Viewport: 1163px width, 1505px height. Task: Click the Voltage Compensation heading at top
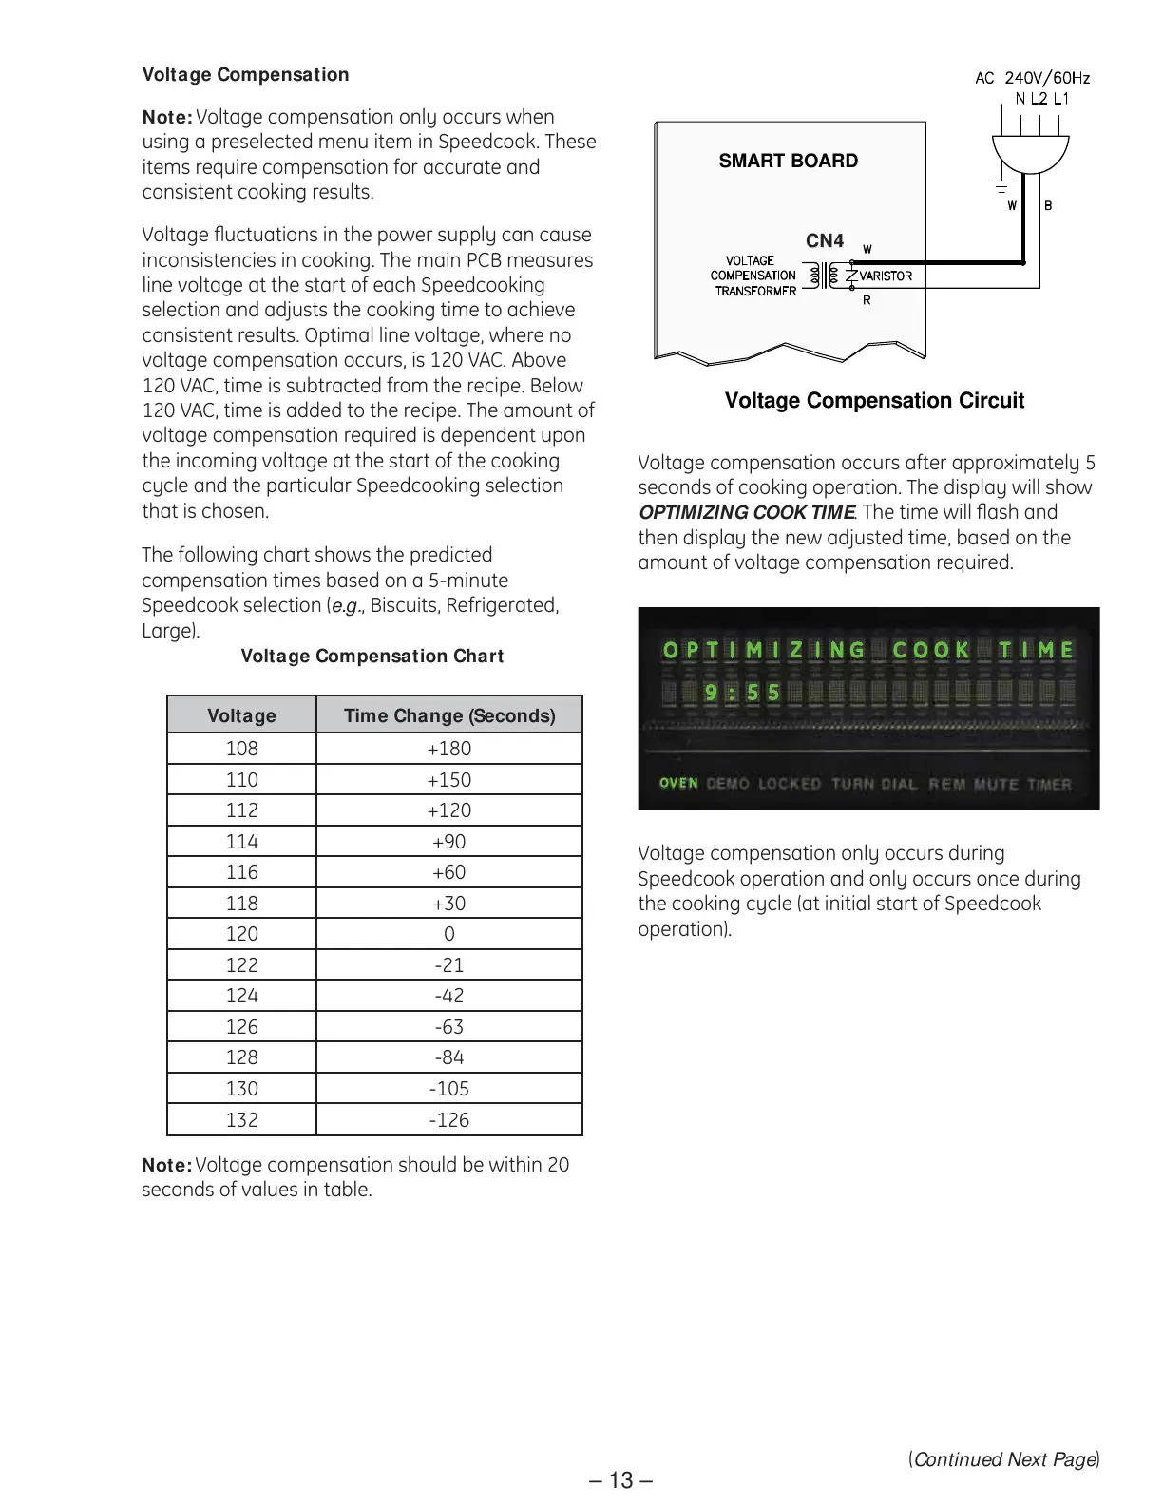(x=245, y=75)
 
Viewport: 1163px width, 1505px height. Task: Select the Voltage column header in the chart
(x=241, y=715)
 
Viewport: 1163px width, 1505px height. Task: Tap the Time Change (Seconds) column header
(x=449, y=715)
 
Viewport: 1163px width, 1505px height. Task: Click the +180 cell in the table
(x=449, y=749)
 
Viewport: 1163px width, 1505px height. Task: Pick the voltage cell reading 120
(x=241, y=934)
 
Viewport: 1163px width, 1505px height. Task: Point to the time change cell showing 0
(x=449, y=934)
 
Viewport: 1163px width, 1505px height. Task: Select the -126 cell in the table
(x=449, y=1120)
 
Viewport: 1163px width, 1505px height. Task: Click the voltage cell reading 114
(x=241, y=842)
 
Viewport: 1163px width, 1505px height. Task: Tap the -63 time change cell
(x=449, y=1027)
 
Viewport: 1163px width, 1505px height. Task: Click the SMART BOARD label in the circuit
(x=788, y=162)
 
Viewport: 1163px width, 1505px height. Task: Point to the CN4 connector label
(x=825, y=241)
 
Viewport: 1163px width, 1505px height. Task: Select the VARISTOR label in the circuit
(x=886, y=276)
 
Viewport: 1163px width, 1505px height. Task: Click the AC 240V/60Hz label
(x=1032, y=78)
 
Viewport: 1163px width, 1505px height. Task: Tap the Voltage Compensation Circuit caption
(x=874, y=401)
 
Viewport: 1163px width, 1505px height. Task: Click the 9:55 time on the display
(x=742, y=693)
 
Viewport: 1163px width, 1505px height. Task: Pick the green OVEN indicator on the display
(x=678, y=784)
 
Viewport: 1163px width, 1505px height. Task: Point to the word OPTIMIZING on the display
(x=764, y=651)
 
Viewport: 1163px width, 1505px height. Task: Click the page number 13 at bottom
(x=620, y=1480)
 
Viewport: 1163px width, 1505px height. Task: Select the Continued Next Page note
(x=1004, y=1459)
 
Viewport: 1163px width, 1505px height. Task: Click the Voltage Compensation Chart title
(x=372, y=657)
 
